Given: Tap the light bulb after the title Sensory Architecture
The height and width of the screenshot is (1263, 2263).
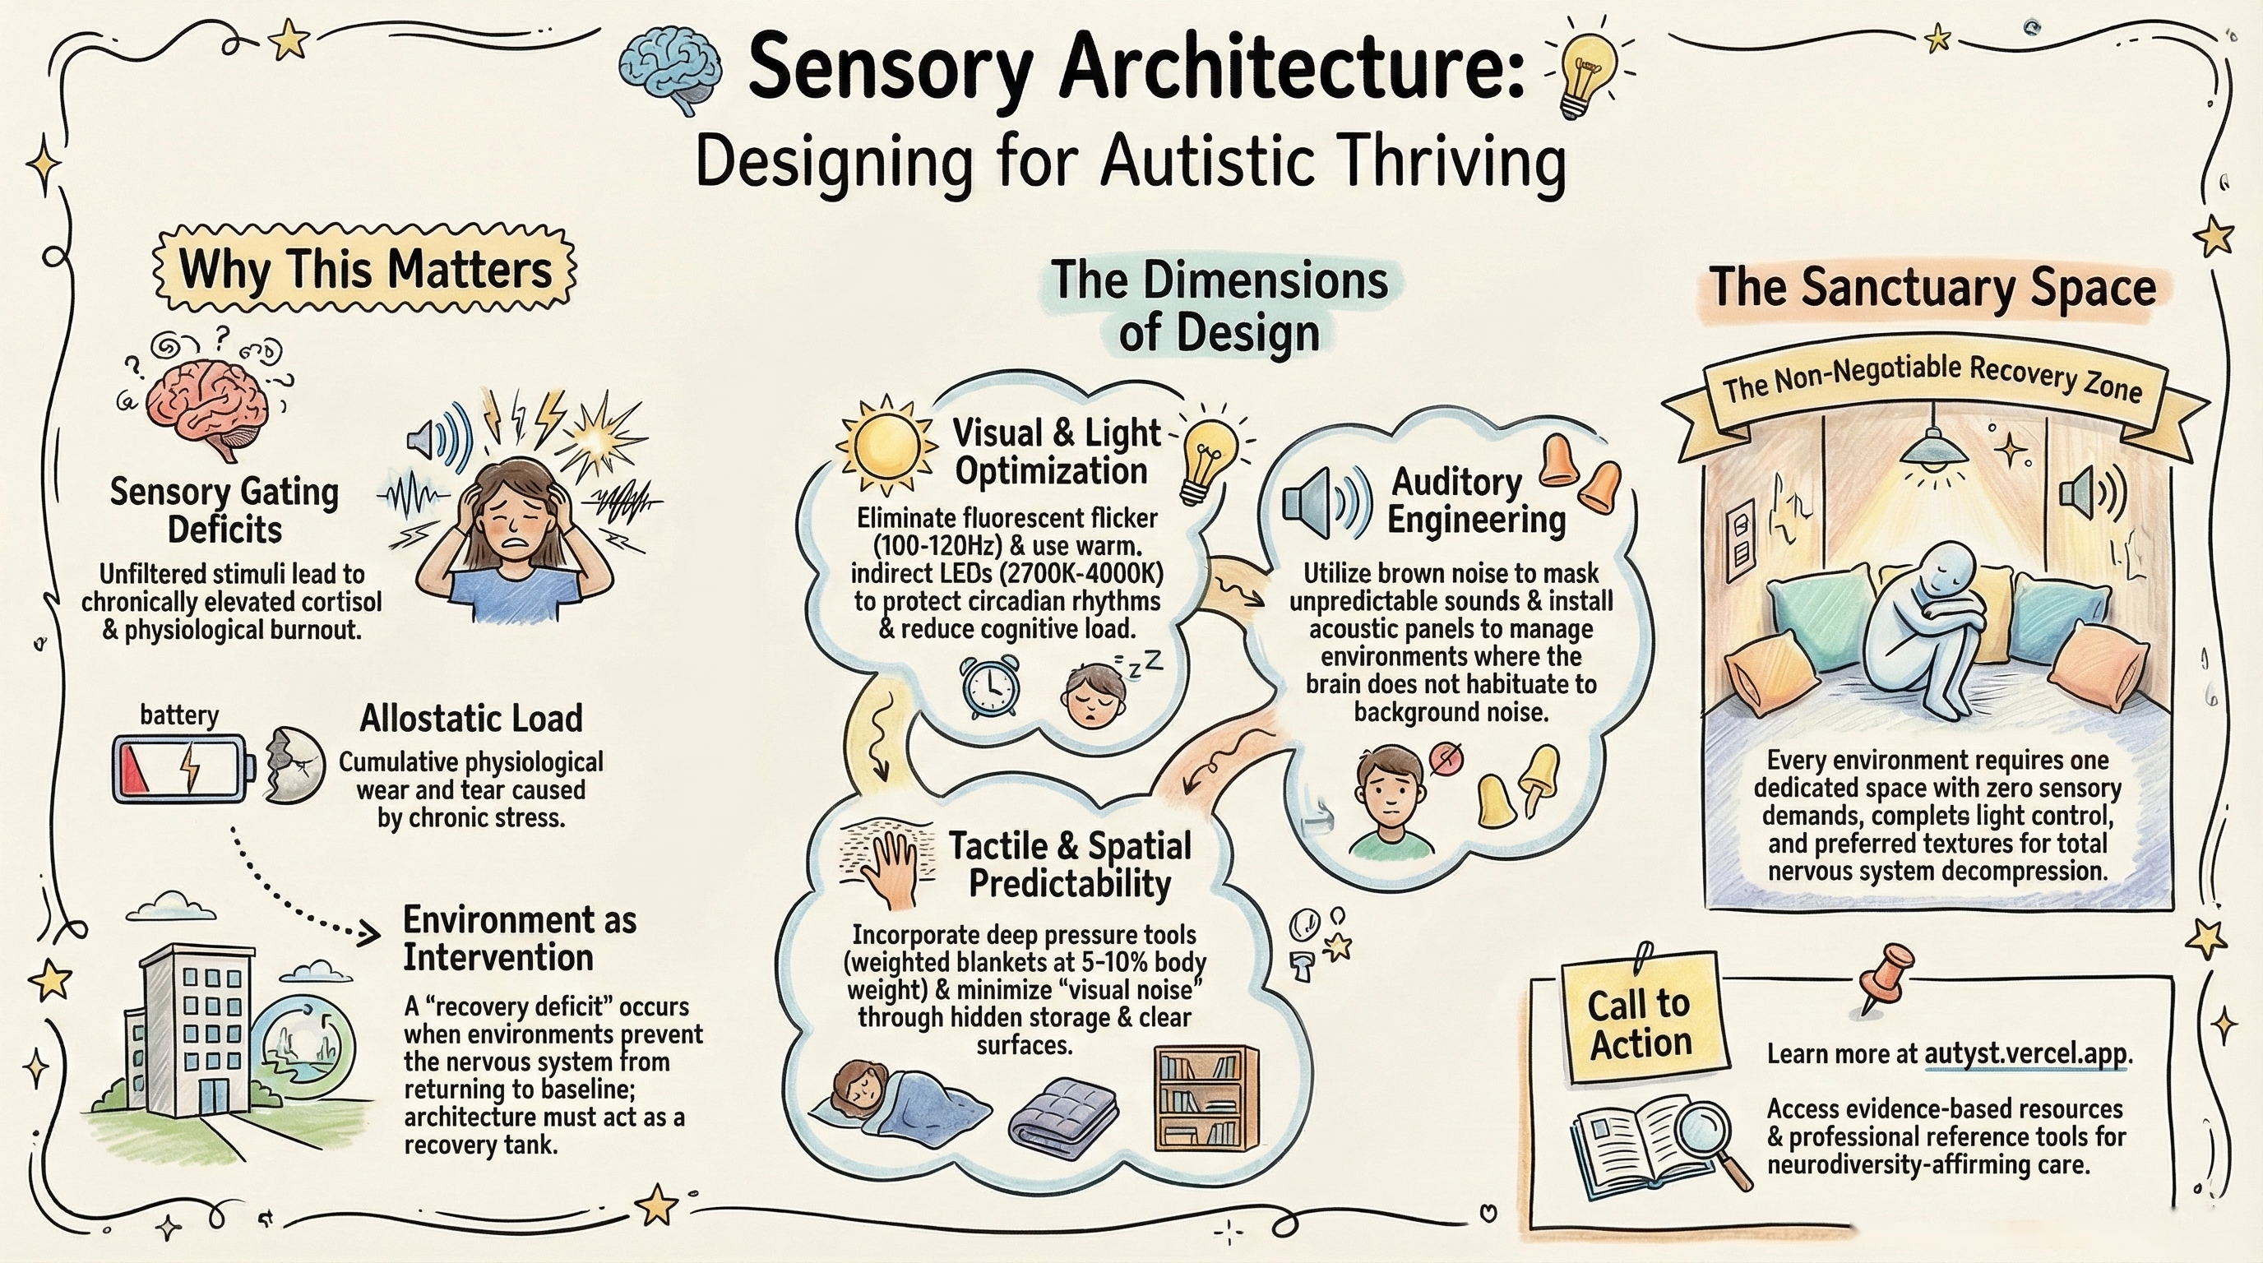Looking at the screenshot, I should click(1590, 75).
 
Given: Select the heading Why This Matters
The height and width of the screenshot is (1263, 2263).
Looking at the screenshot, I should click(364, 269).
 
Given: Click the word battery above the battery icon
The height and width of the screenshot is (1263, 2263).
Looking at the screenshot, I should click(179, 714).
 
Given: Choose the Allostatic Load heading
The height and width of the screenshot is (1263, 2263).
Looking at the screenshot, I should click(471, 719).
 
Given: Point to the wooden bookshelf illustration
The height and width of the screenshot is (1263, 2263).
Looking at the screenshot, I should click(1206, 1098).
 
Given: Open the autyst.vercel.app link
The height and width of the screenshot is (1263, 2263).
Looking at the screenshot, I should click(2027, 1053).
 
